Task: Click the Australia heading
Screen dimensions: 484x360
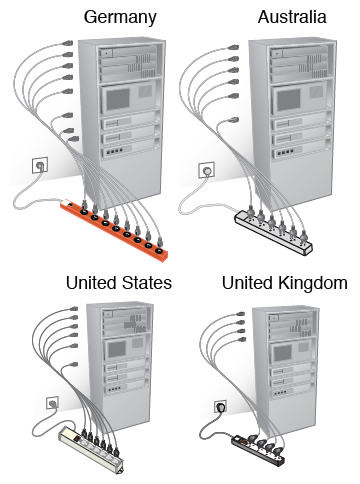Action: (292, 17)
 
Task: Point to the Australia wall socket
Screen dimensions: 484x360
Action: (208, 172)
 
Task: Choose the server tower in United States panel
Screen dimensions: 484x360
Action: (121, 355)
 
